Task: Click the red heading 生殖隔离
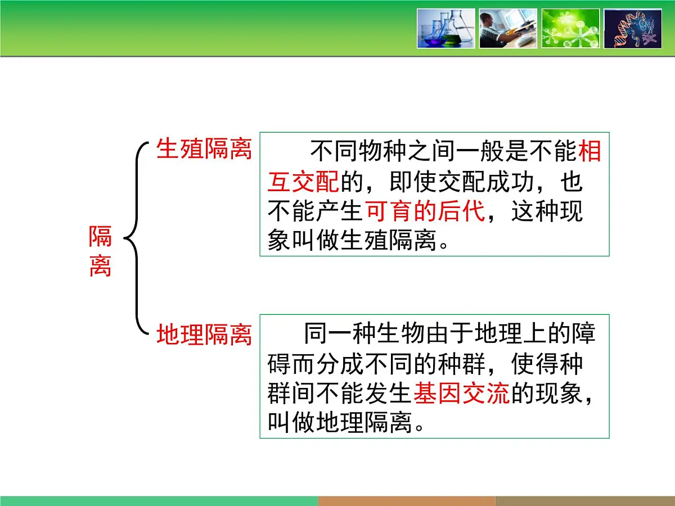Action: pyautogui.click(x=204, y=150)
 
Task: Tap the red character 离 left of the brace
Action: pyautogui.click(x=100, y=266)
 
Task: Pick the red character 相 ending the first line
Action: pyautogui.click(x=590, y=152)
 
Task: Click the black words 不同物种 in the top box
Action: pyautogui.click(x=358, y=152)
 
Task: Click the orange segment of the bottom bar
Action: pyautogui.click(x=406, y=500)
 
